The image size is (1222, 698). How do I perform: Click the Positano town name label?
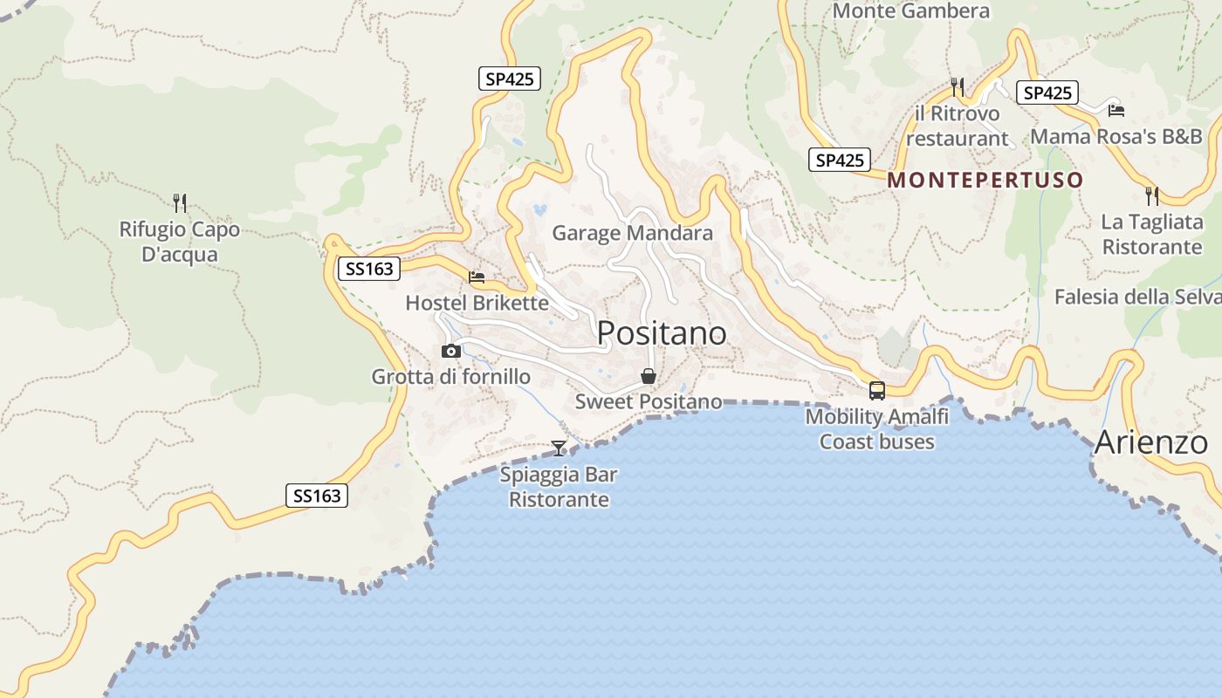pyautogui.click(x=662, y=333)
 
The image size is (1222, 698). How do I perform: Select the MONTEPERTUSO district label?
pyautogui.click(x=985, y=181)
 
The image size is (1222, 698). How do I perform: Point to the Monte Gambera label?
pyautogui.click(x=911, y=11)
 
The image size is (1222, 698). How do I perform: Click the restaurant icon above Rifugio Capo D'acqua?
pyautogui.click(x=180, y=203)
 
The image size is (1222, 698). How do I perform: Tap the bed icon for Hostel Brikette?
pyautogui.click(x=477, y=277)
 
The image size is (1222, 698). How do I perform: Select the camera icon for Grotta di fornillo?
pyautogui.click(x=451, y=351)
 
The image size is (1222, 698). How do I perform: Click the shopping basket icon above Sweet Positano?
pyautogui.click(x=648, y=376)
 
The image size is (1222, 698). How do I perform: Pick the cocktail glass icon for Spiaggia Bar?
pyautogui.click(x=559, y=448)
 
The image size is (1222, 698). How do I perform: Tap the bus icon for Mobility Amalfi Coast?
pyautogui.click(x=877, y=391)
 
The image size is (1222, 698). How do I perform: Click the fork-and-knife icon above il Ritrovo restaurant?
pyautogui.click(x=958, y=86)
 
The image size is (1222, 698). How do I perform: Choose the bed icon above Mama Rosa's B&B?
pyautogui.click(x=1116, y=110)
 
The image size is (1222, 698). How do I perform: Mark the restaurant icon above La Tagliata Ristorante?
pyautogui.click(x=1152, y=195)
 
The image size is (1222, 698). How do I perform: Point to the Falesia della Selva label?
pyautogui.click(x=1136, y=297)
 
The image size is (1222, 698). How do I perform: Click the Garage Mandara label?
pyautogui.click(x=633, y=233)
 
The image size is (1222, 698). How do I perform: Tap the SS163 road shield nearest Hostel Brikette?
pyautogui.click(x=369, y=269)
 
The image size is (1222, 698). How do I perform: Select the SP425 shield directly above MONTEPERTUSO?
pyautogui.click(x=840, y=160)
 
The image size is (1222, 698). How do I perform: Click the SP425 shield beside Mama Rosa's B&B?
pyautogui.click(x=1047, y=92)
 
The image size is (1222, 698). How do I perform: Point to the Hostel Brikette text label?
pyautogui.click(x=477, y=303)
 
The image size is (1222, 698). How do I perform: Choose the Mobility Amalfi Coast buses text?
pyautogui.click(x=876, y=429)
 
